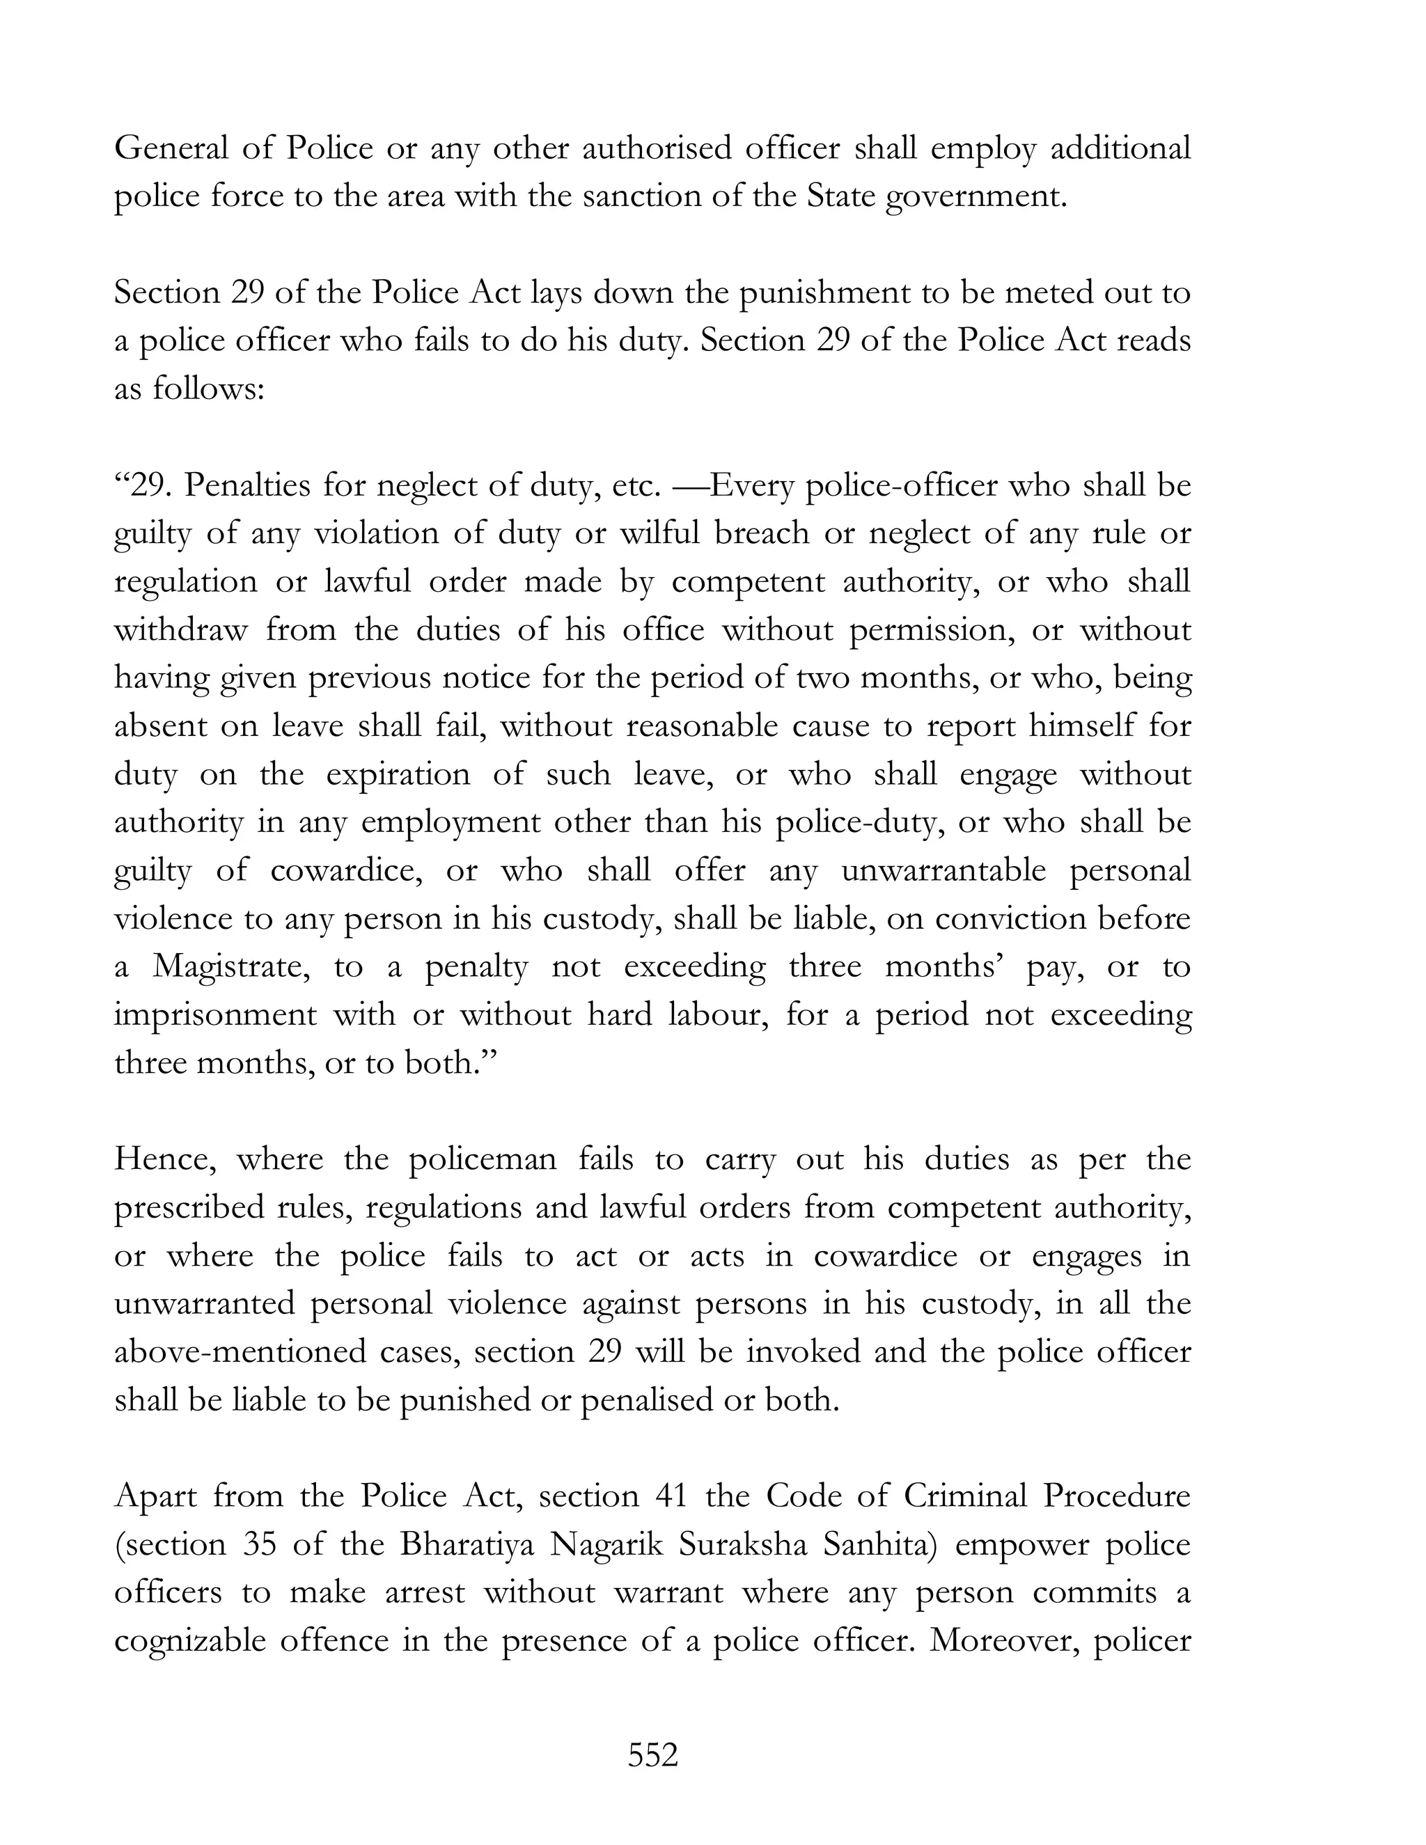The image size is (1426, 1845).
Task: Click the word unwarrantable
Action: (x=943, y=871)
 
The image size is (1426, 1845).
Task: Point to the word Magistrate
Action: (x=231, y=966)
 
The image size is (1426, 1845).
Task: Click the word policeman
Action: (x=483, y=1159)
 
